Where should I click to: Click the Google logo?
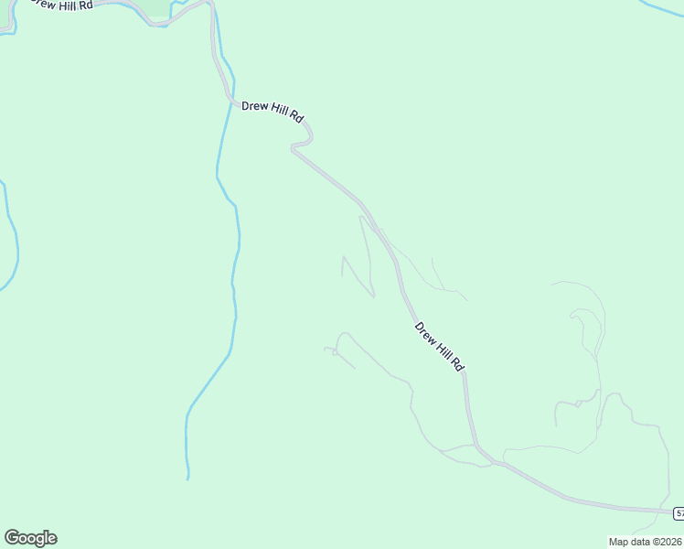[30, 538]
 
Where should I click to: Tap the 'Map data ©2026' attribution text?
[645, 542]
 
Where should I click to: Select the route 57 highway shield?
[679, 512]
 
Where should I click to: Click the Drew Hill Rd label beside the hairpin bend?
[272, 112]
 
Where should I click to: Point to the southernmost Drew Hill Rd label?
[440, 346]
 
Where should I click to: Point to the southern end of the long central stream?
[187, 477]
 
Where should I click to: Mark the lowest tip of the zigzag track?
[373, 296]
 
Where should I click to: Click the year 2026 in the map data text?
[668, 542]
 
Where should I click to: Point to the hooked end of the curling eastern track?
[574, 316]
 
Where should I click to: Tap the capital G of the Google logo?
[12, 537]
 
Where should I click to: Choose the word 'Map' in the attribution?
[619, 542]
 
